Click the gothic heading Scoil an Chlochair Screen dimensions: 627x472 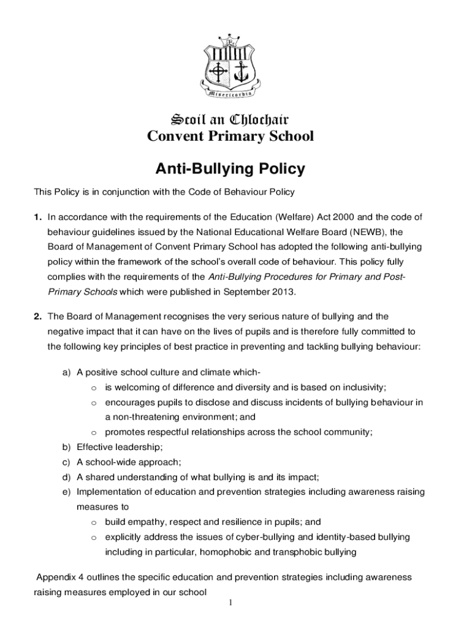[230, 118]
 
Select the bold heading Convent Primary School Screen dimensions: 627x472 [230, 136]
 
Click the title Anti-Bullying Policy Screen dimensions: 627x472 [230, 168]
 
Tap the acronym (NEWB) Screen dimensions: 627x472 [353, 232]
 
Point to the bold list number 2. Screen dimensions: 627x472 [38, 317]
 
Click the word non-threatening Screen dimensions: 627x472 [137, 417]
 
